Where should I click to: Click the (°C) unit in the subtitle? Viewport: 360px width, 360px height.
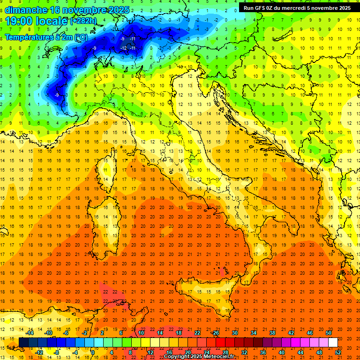click(x=80, y=37)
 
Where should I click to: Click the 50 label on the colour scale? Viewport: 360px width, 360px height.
click(x=329, y=333)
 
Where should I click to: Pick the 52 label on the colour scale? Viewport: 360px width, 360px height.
click(x=338, y=352)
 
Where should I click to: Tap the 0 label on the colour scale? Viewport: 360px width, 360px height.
click(x=93, y=352)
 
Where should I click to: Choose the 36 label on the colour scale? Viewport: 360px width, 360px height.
click(x=263, y=352)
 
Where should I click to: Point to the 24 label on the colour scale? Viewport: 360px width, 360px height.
click(x=207, y=352)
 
